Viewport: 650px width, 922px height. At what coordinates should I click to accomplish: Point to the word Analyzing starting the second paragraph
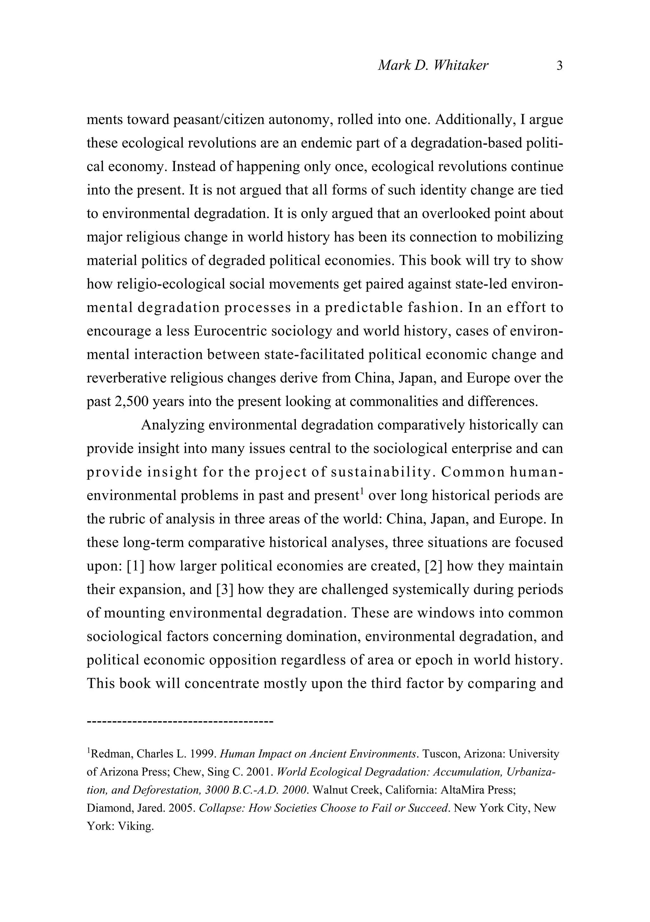coord(173,425)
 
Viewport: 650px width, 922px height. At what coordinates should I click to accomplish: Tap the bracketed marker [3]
coord(225,589)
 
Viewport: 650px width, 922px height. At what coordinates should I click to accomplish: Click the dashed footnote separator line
coord(180,722)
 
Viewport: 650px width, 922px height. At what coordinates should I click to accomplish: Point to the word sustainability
coord(380,472)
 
